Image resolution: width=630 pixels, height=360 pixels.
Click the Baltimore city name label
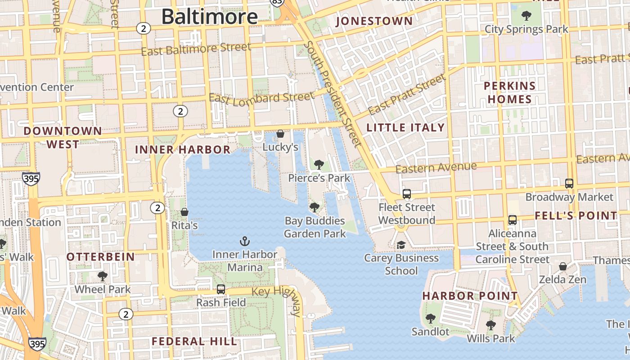209,17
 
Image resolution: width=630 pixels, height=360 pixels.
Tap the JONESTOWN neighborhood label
374,21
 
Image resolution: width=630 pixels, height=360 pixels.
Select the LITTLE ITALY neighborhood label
405,128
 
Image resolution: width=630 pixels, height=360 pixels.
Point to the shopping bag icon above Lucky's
280,134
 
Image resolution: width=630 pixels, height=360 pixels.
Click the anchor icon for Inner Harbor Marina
244,241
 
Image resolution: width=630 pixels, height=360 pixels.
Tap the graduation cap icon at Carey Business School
400,245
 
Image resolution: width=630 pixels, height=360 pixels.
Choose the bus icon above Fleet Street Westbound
407,194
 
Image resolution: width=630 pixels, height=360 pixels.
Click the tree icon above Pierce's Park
319,165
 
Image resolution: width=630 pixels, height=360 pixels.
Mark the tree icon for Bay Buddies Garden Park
315,207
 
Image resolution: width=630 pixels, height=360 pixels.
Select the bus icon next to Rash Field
221,289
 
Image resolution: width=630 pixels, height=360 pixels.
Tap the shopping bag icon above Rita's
184,212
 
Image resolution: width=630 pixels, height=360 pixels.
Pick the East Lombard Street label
261,98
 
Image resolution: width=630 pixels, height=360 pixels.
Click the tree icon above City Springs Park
526,16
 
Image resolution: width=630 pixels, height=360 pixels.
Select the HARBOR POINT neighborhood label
470,296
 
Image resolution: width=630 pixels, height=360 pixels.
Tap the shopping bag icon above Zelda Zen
562,266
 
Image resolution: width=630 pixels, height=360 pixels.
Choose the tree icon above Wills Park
490,325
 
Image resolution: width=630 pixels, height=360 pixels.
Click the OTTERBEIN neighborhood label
101,257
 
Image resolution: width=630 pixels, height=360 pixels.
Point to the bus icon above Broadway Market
569,184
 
